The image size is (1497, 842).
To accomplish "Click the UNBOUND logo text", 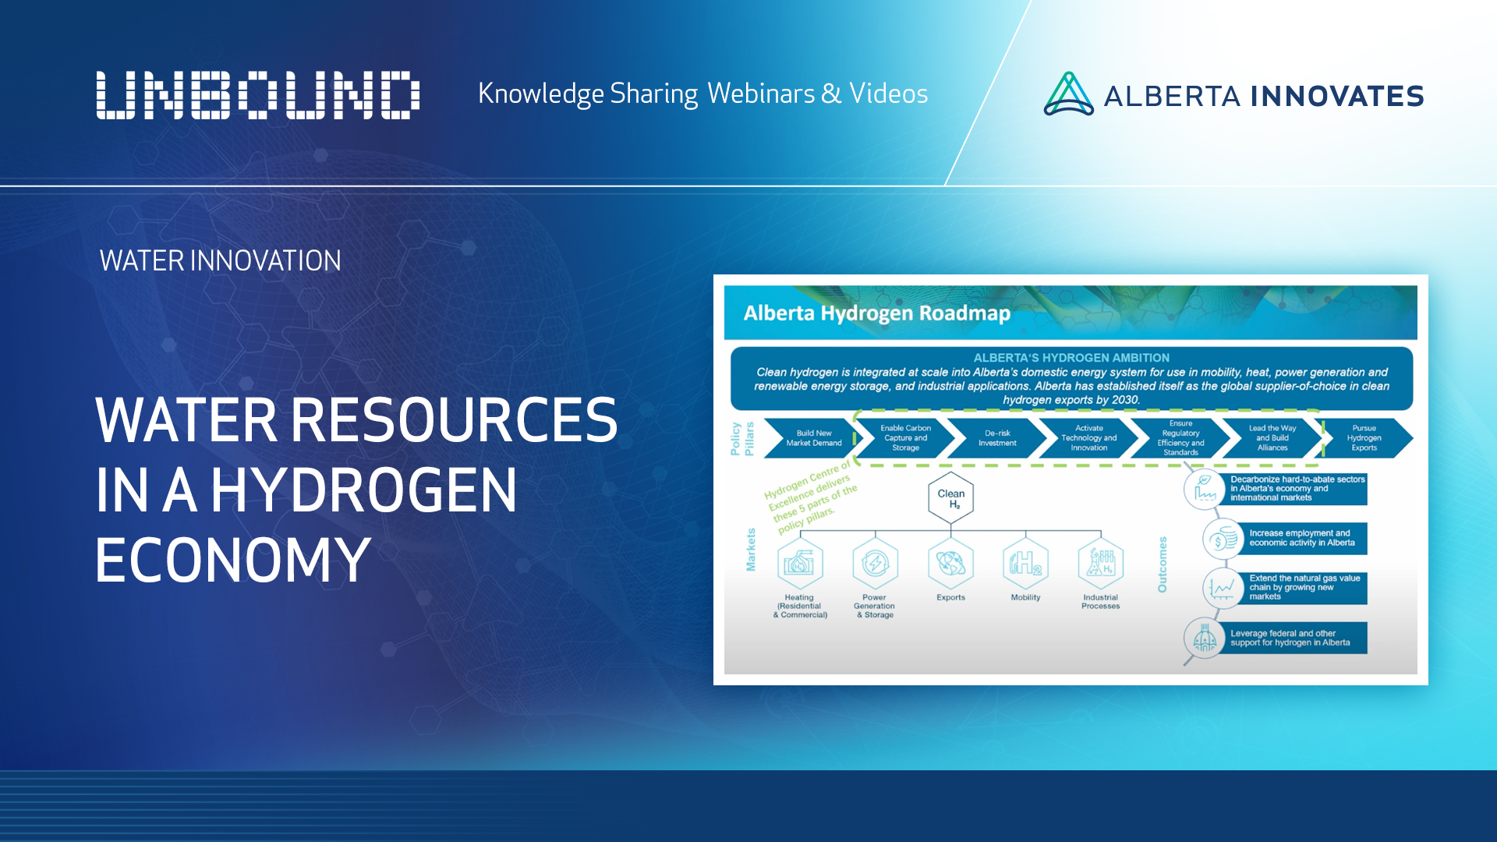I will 257,95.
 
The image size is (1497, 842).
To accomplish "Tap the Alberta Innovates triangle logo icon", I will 1068,94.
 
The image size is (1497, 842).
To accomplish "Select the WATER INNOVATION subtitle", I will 221,260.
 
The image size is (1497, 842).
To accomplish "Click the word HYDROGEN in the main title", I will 363,490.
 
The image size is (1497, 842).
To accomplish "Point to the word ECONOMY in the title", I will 232,560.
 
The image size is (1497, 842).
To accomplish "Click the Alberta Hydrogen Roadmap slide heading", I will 876,313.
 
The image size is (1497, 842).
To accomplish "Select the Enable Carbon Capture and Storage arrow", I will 905,438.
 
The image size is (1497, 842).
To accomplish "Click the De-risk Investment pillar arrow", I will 997,438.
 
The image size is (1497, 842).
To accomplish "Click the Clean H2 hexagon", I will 951,498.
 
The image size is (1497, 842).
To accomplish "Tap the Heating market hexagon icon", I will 799,563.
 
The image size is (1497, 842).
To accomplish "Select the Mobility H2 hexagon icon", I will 1025,563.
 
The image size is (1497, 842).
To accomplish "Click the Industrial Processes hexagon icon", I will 1100,563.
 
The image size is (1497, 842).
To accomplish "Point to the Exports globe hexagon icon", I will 950,563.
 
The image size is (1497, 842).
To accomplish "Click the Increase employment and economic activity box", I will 1301,538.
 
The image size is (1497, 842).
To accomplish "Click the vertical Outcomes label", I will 1163,564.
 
